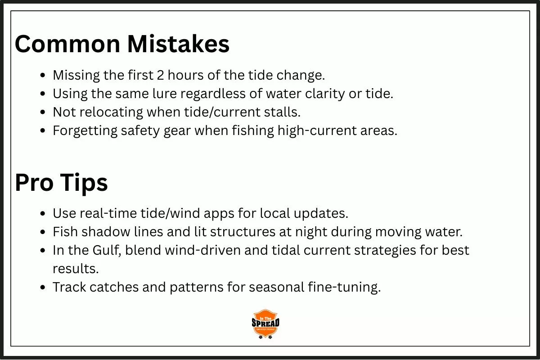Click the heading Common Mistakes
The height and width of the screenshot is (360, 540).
pos(122,44)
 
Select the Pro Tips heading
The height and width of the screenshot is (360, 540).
pos(61,182)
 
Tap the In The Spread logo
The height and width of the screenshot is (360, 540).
pos(265,324)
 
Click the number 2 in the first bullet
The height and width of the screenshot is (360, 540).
pos(160,75)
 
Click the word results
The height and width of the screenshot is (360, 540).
pos(76,269)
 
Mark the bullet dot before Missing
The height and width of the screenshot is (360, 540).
pos(43,76)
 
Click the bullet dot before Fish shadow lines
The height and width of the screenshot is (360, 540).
pos(43,232)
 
